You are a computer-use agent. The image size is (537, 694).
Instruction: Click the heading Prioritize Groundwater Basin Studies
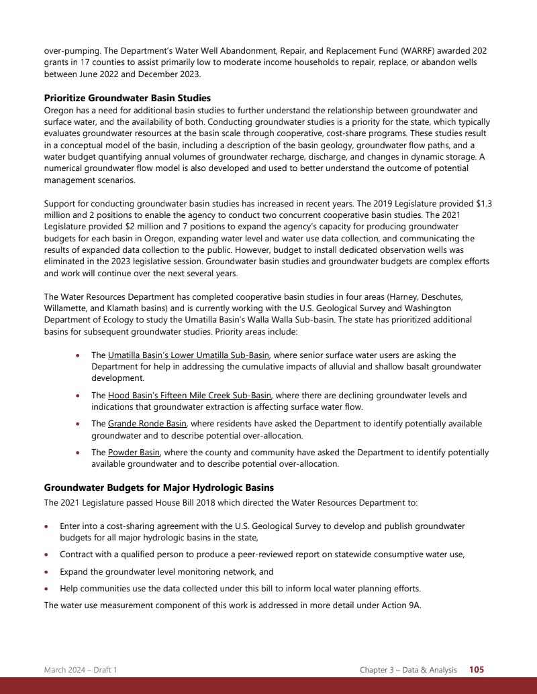[127, 98]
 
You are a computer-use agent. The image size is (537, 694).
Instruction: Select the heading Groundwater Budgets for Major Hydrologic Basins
[158, 487]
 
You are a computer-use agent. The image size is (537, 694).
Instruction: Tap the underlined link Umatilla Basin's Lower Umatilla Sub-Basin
[189, 355]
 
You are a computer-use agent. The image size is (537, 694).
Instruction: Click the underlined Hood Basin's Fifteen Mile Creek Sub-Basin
[189, 396]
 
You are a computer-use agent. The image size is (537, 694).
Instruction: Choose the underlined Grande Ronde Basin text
[147, 424]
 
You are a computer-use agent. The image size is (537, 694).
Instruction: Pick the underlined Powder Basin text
[134, 453]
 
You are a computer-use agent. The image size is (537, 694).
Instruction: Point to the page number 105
[477, 669]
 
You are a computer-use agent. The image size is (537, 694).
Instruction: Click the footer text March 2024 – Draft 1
[81, 670]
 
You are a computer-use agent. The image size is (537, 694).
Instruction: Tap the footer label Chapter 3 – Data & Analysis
[408, 670]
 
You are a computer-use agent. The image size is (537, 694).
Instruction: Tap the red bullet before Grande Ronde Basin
[79, 424]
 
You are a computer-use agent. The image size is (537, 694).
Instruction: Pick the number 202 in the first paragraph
[479, 50]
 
